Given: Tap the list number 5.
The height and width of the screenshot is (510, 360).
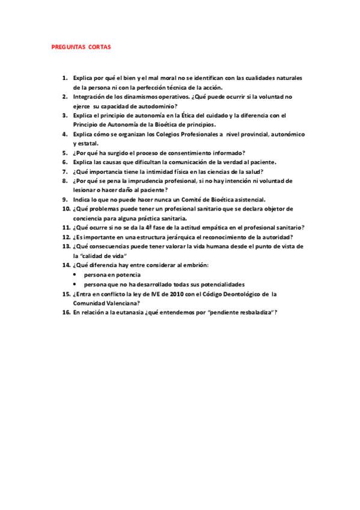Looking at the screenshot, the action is click(65, 153).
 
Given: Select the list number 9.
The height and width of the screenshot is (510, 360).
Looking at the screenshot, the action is click(65, 199).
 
